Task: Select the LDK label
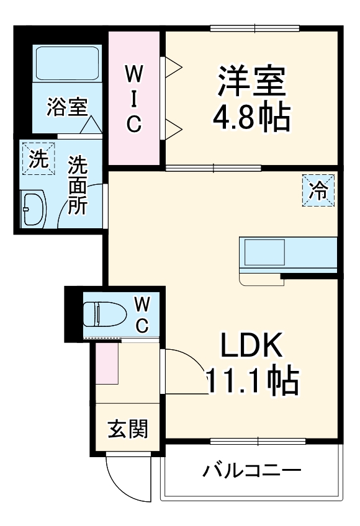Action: coord(251,346)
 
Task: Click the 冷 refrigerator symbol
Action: coord(318,190)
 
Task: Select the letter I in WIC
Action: coord(133,98)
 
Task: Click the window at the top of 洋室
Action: coord(255,28)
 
